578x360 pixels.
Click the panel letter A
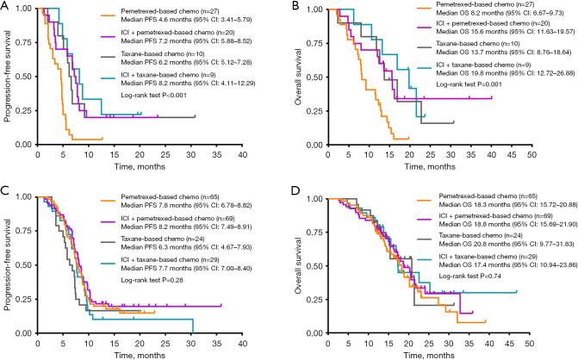click(5, 8)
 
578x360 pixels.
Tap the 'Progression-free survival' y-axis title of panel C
click(9, 264)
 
